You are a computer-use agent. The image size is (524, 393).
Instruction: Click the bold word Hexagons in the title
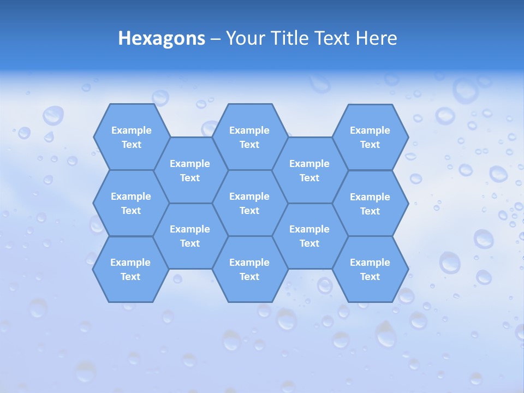162,38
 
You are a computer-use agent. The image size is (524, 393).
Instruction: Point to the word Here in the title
376,38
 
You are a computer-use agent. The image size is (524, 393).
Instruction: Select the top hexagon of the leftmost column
131,137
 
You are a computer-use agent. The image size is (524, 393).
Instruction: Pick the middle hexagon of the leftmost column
131,203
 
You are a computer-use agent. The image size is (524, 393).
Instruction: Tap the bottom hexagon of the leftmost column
130,269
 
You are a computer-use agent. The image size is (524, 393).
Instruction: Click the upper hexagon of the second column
190,170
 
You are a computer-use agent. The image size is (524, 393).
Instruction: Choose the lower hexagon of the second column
190,236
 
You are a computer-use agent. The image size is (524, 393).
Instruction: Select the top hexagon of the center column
249,137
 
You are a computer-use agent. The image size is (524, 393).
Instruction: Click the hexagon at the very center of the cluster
249,203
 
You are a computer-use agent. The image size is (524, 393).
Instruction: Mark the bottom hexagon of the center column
249,269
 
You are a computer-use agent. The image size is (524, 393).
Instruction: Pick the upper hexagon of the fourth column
309,170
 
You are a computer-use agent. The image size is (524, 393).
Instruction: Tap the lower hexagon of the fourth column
309,236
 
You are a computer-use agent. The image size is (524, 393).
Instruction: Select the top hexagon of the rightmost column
370,137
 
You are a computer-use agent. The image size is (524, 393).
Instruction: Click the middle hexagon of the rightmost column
370,204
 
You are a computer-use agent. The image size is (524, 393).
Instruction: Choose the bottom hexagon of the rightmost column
370,269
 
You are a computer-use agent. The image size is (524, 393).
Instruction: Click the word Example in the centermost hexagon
249,196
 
